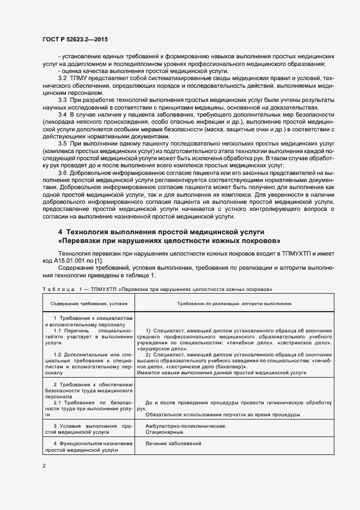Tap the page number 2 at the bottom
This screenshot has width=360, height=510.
(x=44, y=466)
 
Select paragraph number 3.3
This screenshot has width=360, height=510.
(x=62, y=101)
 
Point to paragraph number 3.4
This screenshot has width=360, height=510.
(x=62, y=115)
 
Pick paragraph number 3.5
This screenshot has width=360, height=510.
(x=62, y=143)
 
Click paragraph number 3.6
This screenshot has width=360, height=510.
(x=62, y=172)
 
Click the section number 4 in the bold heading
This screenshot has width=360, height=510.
(x=60, y=232)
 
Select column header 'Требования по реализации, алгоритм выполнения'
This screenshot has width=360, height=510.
(x=234, y=303)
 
